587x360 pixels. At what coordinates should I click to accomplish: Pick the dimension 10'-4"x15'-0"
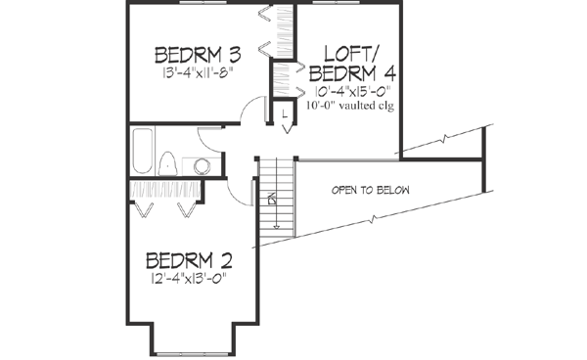pos(349,92)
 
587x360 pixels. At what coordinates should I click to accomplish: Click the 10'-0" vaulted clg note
pos(349,106)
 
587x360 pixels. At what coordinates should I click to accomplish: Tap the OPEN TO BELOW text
pos(370,190)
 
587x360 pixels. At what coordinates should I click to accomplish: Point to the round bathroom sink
pos(203,165)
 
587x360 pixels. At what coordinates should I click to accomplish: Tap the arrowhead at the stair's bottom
pos(274,201)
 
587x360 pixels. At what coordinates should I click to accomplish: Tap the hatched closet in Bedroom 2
pos(166,190)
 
